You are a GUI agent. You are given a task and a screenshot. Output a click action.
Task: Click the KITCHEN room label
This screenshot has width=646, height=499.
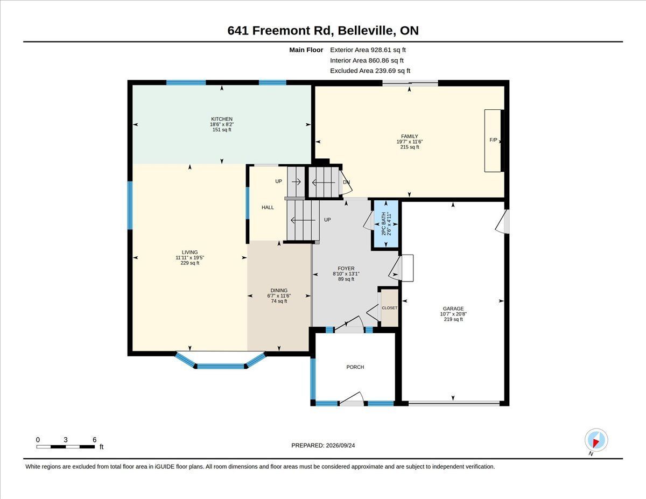[x=222, y=119]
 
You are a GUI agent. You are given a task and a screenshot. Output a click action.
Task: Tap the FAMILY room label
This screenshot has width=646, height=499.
[x=409, y=136]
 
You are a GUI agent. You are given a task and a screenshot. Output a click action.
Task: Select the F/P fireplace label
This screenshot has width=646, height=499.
[x=493, y=139]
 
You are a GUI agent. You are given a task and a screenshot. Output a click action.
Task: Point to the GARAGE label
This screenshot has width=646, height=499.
[x=453, y=308]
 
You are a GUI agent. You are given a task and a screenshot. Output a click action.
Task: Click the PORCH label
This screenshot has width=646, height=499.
[x=355, y=367]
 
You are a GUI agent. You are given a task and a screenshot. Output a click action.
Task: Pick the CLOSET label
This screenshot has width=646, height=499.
[x=389, y=308]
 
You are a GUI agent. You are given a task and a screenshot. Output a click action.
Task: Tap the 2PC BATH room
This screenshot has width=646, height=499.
[x=386, y=224]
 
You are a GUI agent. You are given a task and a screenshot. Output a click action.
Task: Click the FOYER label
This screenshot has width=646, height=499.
[x=346, y=269]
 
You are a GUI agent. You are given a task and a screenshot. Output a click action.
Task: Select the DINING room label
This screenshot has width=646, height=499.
[x=279, y=290]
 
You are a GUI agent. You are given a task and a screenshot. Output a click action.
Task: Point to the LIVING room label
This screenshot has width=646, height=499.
[x=189, y=252]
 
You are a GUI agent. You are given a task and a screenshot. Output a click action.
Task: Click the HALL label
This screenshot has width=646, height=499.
[x=268, y=207]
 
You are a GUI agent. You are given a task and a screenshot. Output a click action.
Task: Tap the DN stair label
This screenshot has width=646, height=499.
[x=346, y=182]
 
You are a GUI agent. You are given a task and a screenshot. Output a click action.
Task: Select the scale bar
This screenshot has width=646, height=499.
[x=65, y=447]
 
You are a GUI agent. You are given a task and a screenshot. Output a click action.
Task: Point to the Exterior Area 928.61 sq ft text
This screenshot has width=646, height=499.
[x=368, y=50]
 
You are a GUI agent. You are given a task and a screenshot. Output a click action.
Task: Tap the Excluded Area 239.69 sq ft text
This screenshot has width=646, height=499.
[x=370, y=71]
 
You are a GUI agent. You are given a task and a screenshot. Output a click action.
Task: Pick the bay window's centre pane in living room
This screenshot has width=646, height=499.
[x=221, y=366]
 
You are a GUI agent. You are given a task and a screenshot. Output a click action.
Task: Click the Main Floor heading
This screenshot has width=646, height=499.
[x=306, y=50]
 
